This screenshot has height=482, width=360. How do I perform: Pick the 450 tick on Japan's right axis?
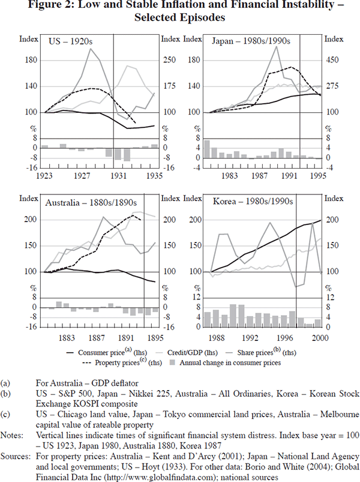[331, 60]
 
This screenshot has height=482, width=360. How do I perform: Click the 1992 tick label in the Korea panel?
[251, 337]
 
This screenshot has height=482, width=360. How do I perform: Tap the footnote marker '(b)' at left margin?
[6, 393]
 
